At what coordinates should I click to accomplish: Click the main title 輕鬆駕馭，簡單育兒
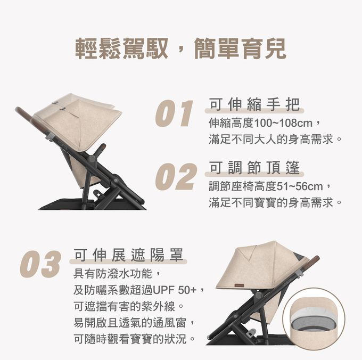pyautogui.click(x=181, y=48)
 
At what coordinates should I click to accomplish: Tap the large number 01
pyautogui.click(x=174, y=113)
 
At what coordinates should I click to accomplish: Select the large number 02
pyautogui.click(x=176, y=177)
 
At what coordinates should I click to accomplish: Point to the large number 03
pyautogui.click(x=40, y=264)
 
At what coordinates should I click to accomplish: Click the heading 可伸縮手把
pyautogui.click(x=254, y=104)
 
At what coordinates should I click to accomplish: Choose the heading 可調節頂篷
pyautogui.click(x=254, y=168)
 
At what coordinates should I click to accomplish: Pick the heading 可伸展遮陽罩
pyautogui.click(x=129, y=255)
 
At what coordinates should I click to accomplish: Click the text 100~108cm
pyautogui.click(x=283, y=123)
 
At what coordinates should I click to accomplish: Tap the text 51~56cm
pyautogui.click(x=299, y=186)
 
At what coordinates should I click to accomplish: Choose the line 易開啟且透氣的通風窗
pyautogui.click(x=130, y=323)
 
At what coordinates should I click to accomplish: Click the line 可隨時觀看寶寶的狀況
pyautogui.click(x=130, y=339)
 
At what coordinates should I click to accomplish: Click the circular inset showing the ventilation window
pyautogui.click(x=314, y=319)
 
